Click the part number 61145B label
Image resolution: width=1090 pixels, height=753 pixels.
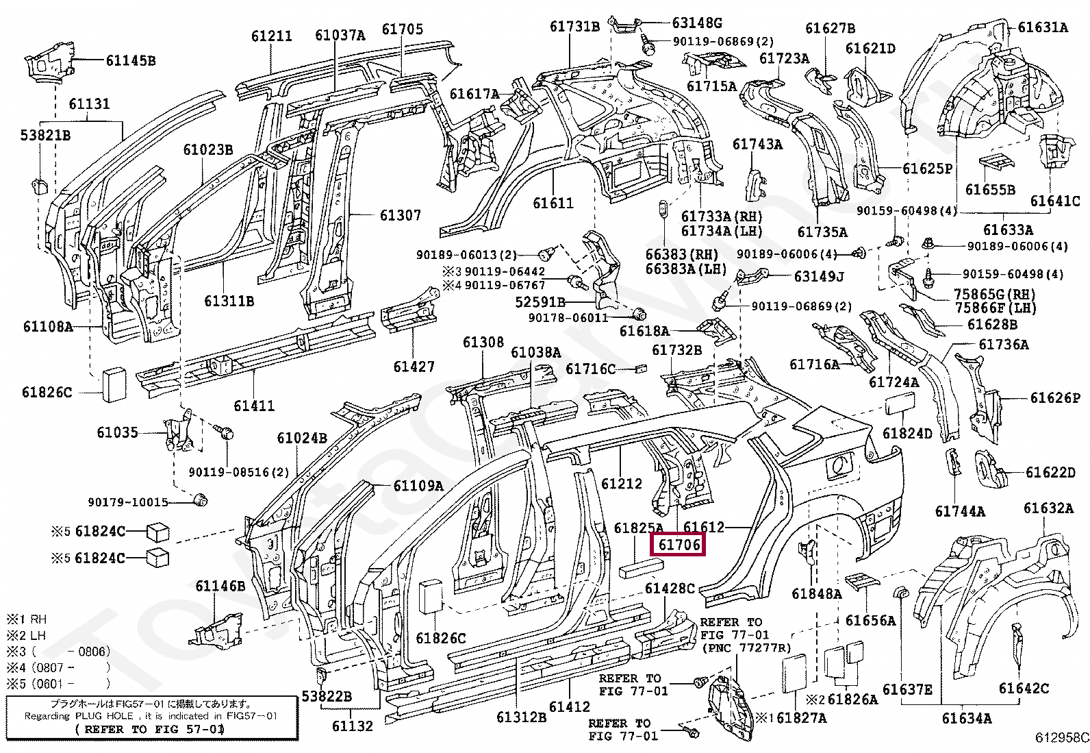(130, 61)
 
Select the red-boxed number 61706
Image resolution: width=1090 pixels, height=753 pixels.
(680, 545)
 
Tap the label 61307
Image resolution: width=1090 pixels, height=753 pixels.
(401, 216)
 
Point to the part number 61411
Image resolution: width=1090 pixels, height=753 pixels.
(254, 406)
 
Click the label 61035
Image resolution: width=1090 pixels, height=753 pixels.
(117, 432)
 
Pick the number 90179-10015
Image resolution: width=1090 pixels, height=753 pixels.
(128, 502)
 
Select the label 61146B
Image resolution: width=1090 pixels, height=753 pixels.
(220, 586)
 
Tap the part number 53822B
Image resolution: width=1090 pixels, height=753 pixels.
(327, 697)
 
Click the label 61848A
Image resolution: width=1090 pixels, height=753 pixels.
(816, 594)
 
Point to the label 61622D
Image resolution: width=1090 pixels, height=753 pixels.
(1050, 472)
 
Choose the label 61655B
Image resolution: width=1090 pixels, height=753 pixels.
(990, 190)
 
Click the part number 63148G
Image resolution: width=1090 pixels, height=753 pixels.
(697, 23)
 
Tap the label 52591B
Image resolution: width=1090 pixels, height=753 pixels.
(540, 301)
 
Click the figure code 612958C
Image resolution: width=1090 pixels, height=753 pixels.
(1061, 737)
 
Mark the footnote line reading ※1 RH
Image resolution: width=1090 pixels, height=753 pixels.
(27, 619)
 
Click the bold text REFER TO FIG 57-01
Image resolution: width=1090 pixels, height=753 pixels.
(150, 729)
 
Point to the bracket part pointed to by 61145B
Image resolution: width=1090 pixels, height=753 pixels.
(48, 62)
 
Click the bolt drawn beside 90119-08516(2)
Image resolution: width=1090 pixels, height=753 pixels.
(226, 432)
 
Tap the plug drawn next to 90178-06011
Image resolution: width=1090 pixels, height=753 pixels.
(641, 314)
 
